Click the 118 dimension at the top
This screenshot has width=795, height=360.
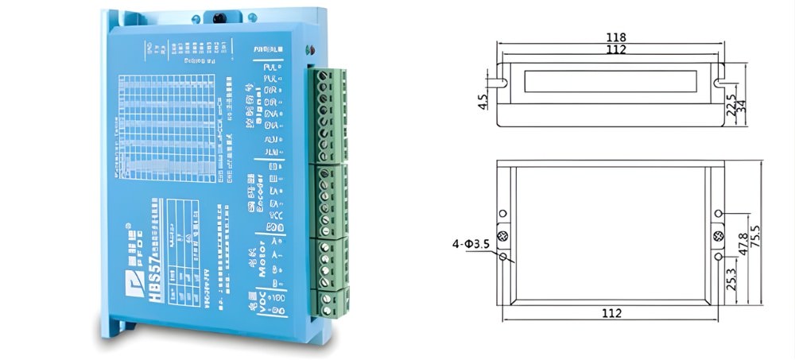click(x=615, y=37)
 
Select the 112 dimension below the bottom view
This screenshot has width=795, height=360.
click(x=611, y=313)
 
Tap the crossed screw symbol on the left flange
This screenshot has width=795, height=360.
click(x=502, y=236)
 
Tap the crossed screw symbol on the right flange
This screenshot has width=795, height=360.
click(x=719, y=236)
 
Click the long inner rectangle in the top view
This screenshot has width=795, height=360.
click(x=611, y=81)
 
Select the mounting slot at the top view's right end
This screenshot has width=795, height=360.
click(x=720, y=82)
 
